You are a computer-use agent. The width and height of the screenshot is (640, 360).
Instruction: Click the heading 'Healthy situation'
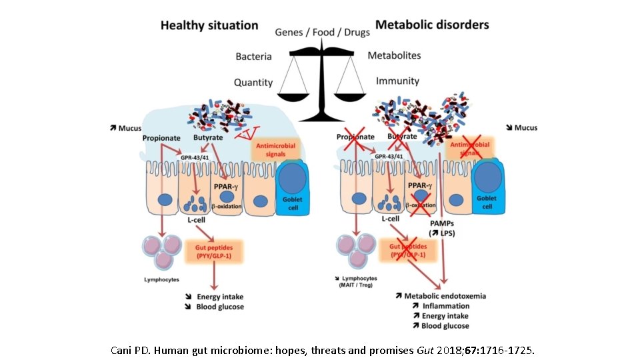tap(209, 26)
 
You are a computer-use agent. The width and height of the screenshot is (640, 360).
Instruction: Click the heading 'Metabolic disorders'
tap(432, 25)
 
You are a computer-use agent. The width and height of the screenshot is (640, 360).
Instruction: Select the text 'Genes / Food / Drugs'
tap(322, 32)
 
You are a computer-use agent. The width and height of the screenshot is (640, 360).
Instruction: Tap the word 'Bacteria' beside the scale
tap(254, 57)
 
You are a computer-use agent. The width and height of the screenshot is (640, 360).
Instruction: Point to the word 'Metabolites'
tap(395, 56)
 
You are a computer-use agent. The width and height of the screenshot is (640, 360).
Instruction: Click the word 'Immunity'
tap(397, 81)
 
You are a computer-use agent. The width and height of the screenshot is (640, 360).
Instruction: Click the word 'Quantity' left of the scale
tap(253, 82)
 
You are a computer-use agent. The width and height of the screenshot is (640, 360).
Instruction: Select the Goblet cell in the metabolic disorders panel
tap(492, 188)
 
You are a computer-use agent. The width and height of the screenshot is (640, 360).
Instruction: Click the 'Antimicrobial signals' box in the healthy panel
tap(275, 150)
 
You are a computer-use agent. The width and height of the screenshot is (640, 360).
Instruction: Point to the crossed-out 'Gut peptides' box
tap(407, 251)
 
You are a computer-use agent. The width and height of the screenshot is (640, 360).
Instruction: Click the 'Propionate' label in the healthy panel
tap(161, 138)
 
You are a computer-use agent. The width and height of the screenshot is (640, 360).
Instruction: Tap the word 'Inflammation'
tap(447, 305)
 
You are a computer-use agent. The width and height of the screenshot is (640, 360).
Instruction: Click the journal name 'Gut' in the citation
tap(425, 349)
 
